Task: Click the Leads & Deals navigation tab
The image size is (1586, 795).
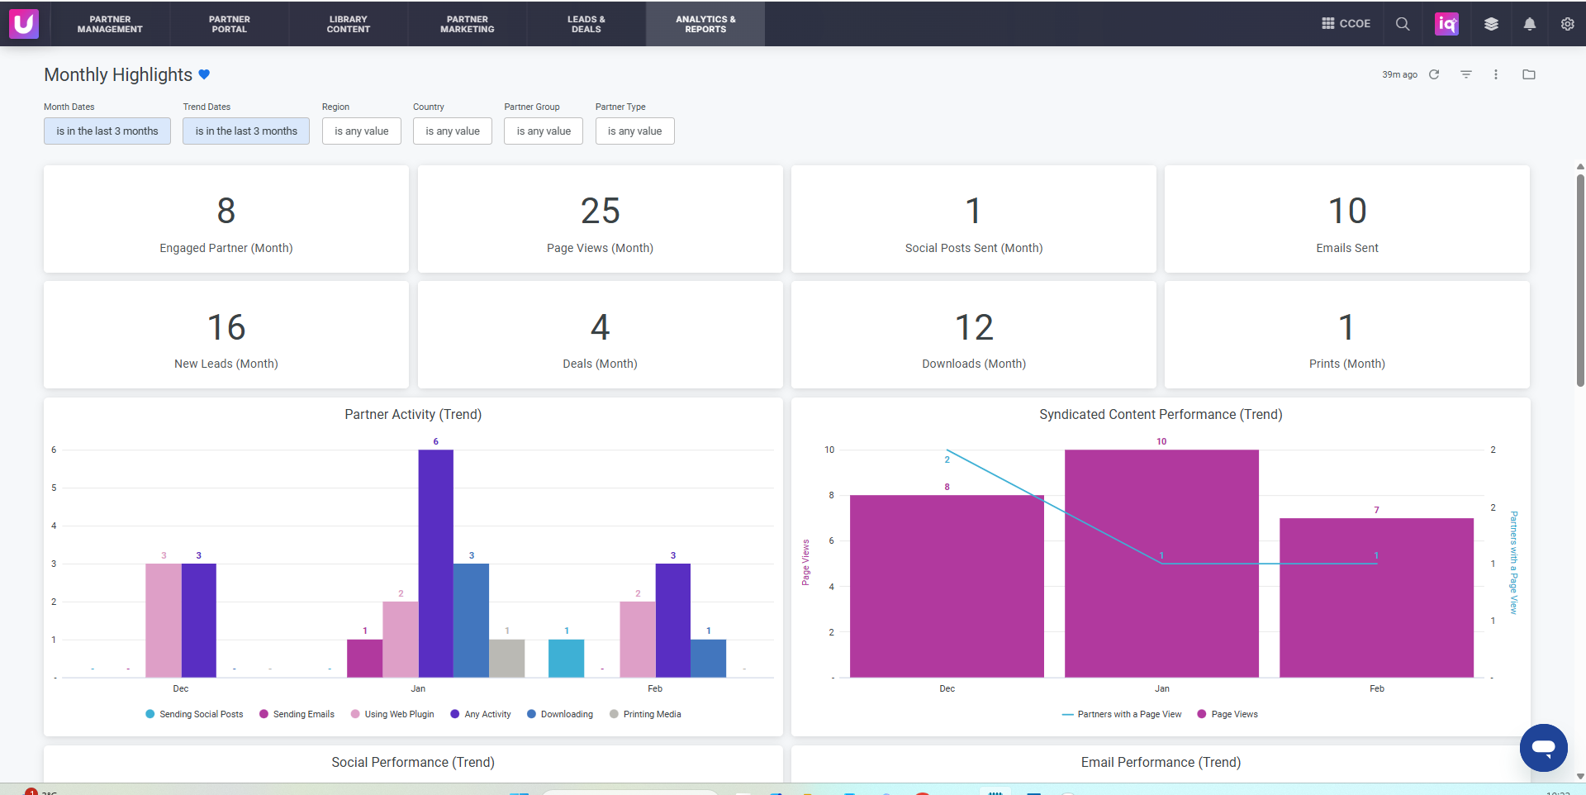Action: tap(586, 24)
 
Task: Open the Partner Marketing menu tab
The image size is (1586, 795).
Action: tap(468, 24)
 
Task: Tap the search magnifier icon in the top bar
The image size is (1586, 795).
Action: tap(1403, 24)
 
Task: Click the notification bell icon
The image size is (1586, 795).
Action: tap(1530, 24)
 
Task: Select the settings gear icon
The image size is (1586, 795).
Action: tap(1567, 24)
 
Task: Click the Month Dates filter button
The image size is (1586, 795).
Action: tap(107, 131)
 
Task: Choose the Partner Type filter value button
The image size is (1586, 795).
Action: tap(634, 131)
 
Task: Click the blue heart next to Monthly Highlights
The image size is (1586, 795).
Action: tap(204, 74)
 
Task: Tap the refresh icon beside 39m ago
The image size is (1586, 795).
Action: tap(1434, 74)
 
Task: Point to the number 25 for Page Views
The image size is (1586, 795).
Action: tap(601, 211)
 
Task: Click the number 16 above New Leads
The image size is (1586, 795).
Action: tap(226, 327)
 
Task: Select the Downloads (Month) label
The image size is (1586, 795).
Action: tap(974, 364)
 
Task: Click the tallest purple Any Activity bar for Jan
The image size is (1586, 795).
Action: tap(435, 564)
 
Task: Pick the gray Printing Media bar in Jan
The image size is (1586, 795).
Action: tap(507, 659)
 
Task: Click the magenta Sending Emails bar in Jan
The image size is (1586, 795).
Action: tap(364, 659)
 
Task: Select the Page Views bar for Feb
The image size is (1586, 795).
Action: tap(1376, 597)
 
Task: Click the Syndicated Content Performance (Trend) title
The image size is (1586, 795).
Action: tap(1161, 414)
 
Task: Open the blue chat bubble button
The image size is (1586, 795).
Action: tap(1543, 748)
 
